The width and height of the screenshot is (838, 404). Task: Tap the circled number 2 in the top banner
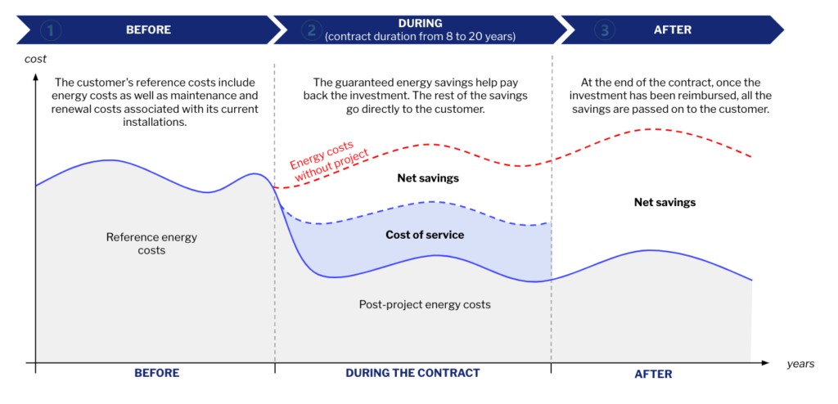pos(310,30)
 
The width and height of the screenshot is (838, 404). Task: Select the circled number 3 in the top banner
pos(605,30)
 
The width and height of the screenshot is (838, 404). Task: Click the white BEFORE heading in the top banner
pos(148,30)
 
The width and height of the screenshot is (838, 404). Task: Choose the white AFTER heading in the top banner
pos(673,30)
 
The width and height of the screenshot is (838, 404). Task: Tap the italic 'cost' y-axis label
pos(36,59)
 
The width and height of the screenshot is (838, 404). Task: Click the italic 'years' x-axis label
pos(800,363)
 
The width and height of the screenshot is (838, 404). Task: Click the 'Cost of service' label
pos(425,236)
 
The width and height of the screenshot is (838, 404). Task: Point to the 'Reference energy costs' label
pos(151,244)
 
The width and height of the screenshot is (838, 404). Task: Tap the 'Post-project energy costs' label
pos(425,304)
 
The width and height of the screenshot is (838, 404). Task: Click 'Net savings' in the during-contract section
pos(427,177)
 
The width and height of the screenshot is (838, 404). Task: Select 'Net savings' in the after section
pos(665,202)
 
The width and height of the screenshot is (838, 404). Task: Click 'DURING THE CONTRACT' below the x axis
pos(412,373)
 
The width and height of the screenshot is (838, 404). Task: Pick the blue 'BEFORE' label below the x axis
pos(156,373)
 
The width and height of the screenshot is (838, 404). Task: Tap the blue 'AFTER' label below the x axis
pos(653,374)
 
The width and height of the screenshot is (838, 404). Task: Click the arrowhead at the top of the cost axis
pos(36,78)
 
